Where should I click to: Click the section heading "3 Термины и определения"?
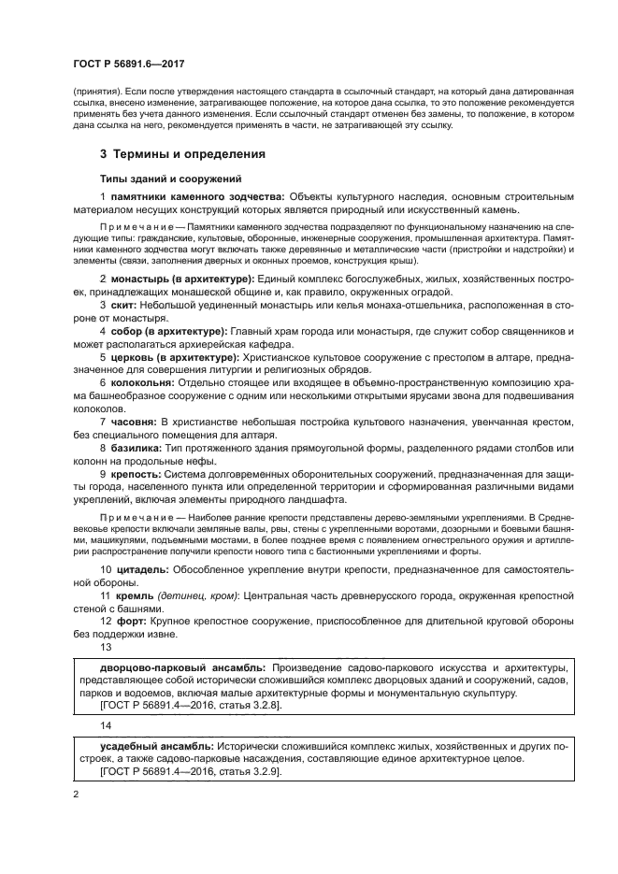point(182,153)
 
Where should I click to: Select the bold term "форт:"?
point(126,621)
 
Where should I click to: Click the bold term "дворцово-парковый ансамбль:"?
point(182,667)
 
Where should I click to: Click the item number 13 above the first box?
point(106,646)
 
